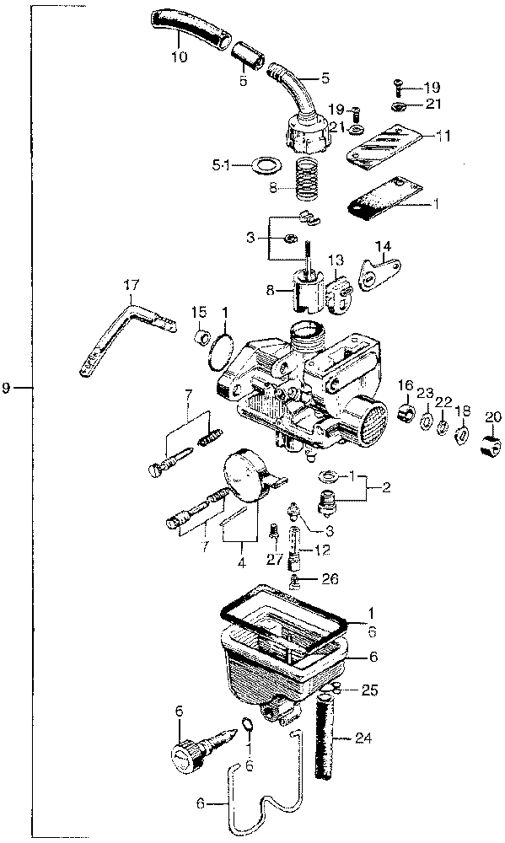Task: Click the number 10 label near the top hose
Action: coord(180,56)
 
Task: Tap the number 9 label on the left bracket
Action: coord(6,388)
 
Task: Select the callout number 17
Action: coord(132,285)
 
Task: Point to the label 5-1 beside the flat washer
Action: coord(220,165)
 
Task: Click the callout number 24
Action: coord(363,738)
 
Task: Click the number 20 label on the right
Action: coord(493,416)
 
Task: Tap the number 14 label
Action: coord(383,247)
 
